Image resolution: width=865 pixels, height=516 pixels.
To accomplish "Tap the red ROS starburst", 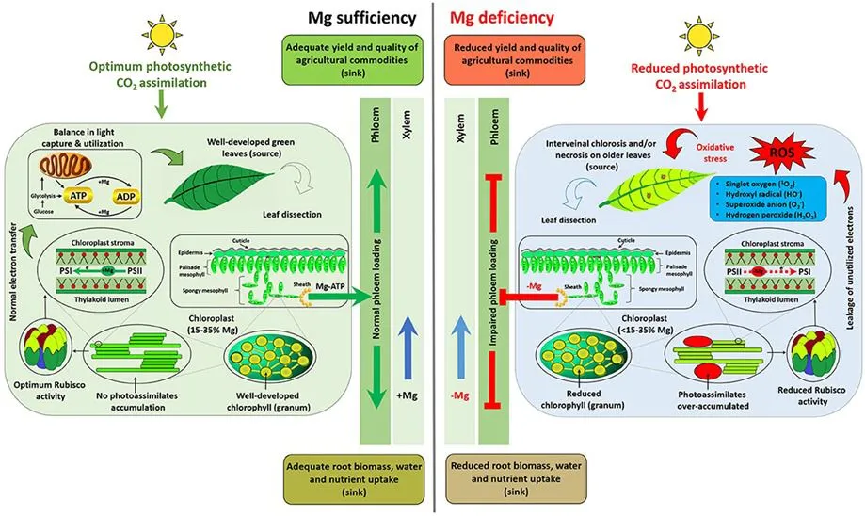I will pos(771,153).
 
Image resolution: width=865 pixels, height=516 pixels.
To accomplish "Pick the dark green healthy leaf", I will pos(234,185).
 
